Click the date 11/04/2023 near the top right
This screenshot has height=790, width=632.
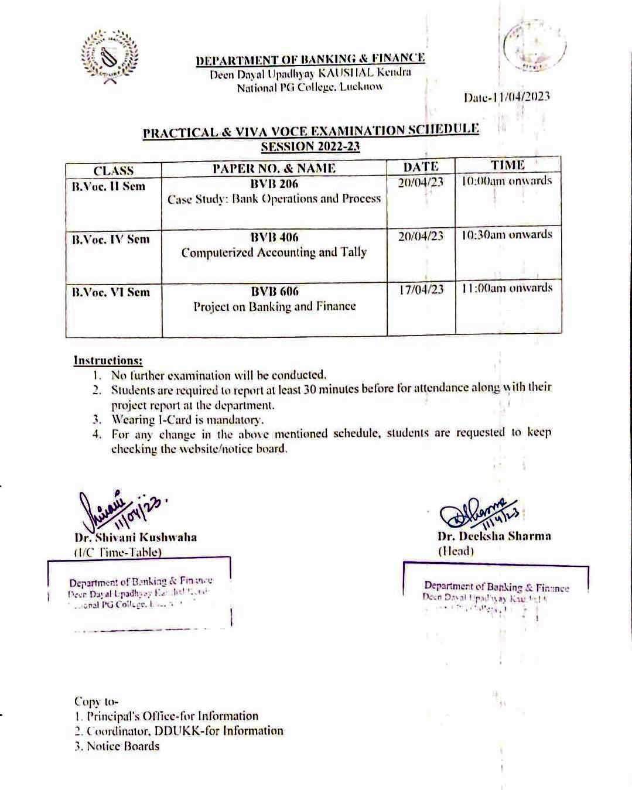[507, 97]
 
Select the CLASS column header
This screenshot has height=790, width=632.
[114, 170]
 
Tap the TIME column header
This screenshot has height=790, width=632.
[507, 165]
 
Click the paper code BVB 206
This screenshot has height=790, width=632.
[274, 184]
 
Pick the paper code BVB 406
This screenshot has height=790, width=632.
[274, 237]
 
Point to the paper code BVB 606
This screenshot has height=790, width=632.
[274, 291]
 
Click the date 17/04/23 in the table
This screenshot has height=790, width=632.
[421, 289]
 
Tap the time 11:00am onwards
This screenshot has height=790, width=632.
[507, 288]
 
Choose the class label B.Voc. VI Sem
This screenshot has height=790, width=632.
[111, 292]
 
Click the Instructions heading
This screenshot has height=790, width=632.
[108, 360]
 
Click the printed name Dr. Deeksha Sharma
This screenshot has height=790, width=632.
[494, 536]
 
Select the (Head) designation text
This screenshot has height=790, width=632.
[456, 551]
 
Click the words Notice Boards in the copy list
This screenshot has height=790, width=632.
[123, 746]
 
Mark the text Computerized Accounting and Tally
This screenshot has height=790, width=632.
[274, 252]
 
